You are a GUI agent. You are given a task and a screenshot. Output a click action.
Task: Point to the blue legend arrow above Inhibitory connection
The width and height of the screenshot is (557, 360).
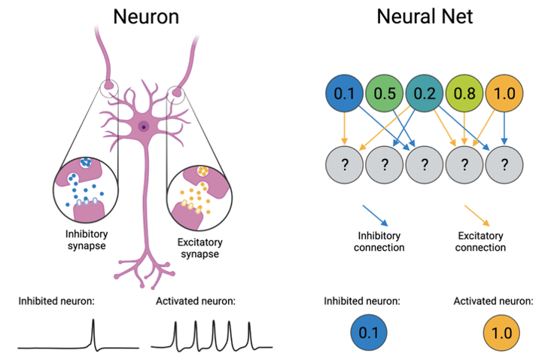375,215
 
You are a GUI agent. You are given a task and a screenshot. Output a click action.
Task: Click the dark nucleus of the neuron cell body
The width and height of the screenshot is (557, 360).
144,127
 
